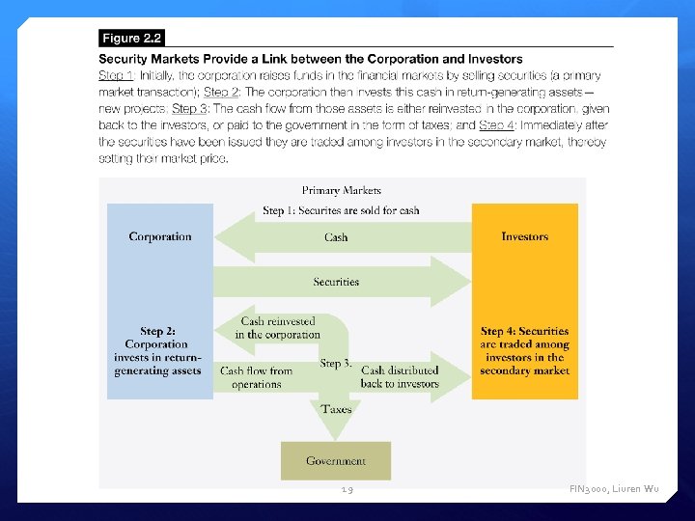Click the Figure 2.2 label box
point(132,39)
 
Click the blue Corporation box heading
point(160,236)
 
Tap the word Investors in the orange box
point(524,236)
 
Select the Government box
point(336,461)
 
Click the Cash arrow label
point(336,237)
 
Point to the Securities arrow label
point(336,282)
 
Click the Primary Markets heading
point(341,191)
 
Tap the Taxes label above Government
point(336,409)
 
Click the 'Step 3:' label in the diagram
point(333,364)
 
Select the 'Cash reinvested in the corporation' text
point(277,328)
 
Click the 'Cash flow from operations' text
point(256,377)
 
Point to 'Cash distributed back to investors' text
point(400,376)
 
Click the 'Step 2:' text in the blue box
point(158,332)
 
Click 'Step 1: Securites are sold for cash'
point(341,210)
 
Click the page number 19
point(347,491)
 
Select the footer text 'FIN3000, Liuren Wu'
point(614,491)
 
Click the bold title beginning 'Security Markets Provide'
point(311,60)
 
